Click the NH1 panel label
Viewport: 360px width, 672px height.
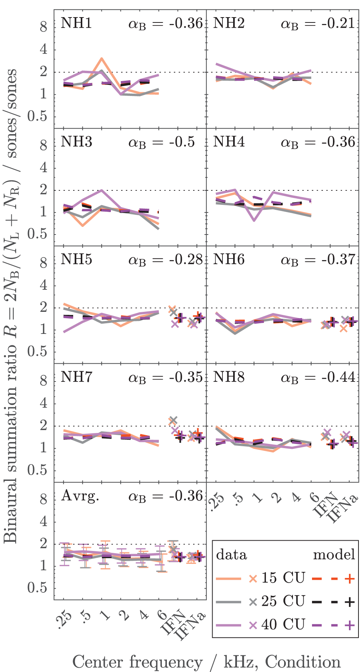pos(76,24)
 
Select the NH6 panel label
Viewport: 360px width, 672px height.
pos(229,260)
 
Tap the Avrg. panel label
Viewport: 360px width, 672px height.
pos(80,496)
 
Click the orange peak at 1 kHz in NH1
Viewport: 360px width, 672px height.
pos(101,59)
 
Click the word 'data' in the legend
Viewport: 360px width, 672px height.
pos(231,555)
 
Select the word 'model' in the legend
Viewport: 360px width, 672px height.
pos(334,555)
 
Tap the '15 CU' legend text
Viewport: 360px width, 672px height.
pos(283,578)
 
